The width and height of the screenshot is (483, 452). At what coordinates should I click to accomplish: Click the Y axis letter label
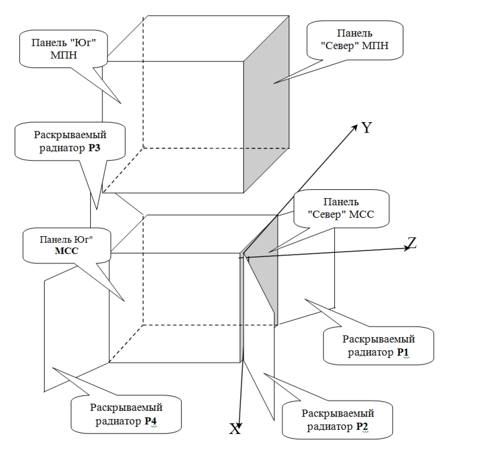click(x=367, y=128)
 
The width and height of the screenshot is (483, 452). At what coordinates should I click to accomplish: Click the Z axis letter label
click(x=412, y=243)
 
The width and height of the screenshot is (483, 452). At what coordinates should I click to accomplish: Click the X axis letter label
click(x=235, y=429)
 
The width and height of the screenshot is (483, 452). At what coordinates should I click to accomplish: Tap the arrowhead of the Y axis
click(x=355, y=126)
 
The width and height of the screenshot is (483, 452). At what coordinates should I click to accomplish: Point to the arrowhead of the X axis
click(x=240, y=425)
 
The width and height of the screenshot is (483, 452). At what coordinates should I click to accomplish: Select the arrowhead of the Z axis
click(x=406, y=249)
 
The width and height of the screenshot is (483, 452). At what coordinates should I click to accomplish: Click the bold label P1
click(x=403, y=352)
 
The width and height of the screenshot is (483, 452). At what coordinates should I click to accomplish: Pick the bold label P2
click(x=362, y=426)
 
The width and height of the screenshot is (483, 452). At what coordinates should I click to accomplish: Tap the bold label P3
click(x=94, y=148)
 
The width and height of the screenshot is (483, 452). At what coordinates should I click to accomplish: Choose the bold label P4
click(x=150, y=421)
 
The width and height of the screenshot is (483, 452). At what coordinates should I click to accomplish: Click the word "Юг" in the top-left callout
click(x=84, y=43)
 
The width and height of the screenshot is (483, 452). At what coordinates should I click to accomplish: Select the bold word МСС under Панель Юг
click(x=67, y=251)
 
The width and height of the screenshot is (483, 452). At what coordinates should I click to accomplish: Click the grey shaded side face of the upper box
click(x=267, y=112)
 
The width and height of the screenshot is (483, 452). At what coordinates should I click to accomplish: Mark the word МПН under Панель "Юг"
click(x=64, y=55)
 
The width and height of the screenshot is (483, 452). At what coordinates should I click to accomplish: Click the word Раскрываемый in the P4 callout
click(x=126, y=407)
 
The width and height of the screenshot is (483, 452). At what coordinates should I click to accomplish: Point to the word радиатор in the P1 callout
click(x=371, y=352)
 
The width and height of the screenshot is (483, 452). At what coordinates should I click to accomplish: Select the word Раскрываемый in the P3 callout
click(x=70, y=135)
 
